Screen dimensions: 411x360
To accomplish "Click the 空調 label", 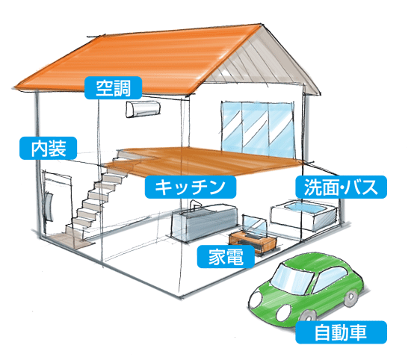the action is click(114, 88).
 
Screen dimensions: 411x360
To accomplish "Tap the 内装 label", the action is click(49, 148).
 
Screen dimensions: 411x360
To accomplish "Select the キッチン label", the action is click(191, 187).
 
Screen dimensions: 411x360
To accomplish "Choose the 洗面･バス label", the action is click(342, 187).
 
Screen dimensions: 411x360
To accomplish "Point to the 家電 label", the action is click(226, 256).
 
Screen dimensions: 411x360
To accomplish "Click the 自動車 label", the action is click(342, 332).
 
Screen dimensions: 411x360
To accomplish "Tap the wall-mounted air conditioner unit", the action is click(143, 109).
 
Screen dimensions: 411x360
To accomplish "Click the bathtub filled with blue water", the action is click(304, 215).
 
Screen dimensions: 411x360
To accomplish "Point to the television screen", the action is click(255, 226).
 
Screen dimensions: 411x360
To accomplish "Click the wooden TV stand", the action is click(253, 241).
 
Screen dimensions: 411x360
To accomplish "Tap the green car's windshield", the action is click(292, 279).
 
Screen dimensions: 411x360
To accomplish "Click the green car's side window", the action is click(330, 279).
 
